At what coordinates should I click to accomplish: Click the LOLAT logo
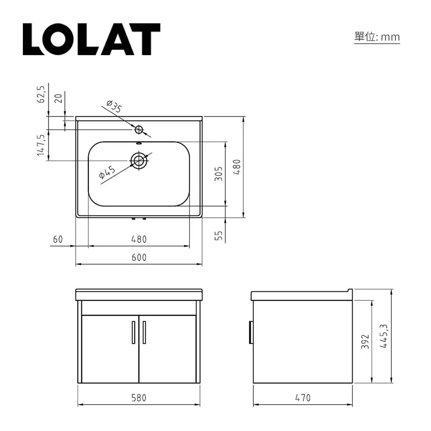pos(91,39)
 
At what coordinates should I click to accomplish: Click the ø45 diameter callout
pos(107,172)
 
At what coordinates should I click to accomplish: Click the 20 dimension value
pos(58,98)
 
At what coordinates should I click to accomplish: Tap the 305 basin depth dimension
pos(219,174)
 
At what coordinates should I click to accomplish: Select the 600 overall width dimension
pos(139,258)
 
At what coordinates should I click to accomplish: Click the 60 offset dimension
pos(58,239)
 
